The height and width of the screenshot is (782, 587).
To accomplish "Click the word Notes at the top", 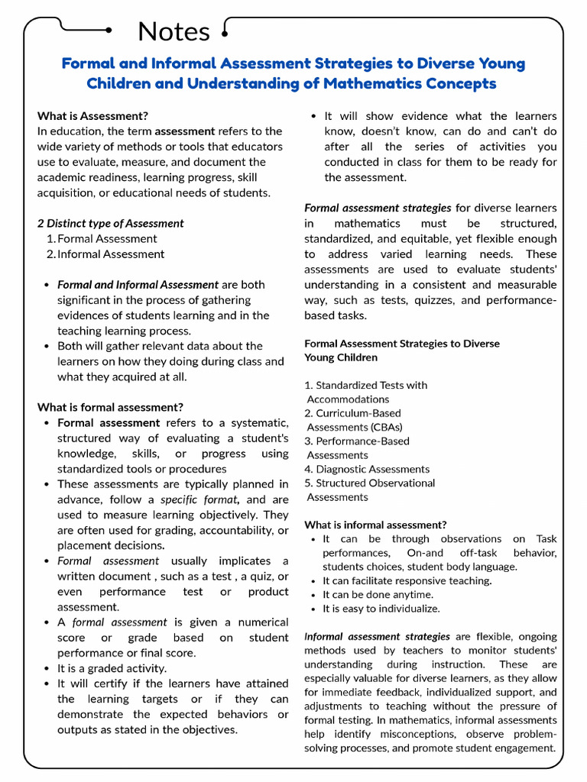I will click(174, 31).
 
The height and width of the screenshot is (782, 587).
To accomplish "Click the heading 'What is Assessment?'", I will click(92, 116).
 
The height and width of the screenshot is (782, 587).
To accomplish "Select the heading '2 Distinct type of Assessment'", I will click(111, 224).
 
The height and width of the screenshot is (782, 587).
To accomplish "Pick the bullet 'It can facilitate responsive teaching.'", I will click(407, 581).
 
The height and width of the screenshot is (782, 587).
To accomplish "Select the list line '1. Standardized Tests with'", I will click(366, 386).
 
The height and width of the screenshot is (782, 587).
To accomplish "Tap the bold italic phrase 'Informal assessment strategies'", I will click(378, 636).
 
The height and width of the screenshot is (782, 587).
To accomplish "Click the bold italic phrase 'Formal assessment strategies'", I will click(378, 208).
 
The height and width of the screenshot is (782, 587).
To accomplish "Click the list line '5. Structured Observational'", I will click(370, 483).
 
